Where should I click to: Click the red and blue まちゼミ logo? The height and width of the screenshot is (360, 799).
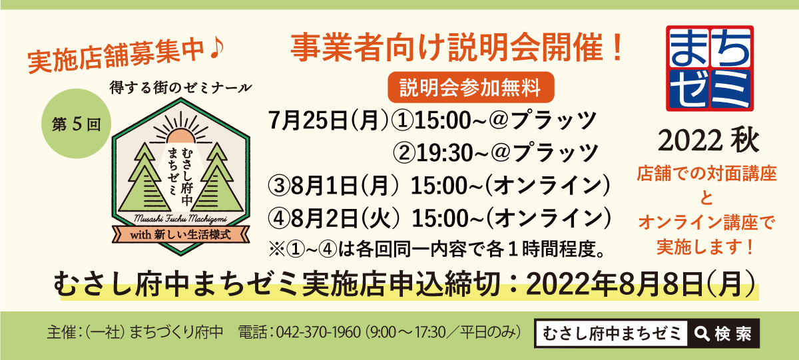(710, 68)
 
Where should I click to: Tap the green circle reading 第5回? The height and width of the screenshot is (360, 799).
(77, 124)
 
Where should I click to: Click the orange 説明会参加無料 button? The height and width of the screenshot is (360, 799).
(471, 87)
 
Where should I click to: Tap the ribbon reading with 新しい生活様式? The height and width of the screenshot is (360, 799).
(181, 235)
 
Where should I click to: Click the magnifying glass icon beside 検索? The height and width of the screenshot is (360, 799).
(702, 333)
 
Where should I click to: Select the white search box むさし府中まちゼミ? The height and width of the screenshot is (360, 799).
(611, 333)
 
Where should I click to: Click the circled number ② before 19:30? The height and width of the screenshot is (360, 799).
(403, 153)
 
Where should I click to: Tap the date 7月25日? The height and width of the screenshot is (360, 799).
(308, 120)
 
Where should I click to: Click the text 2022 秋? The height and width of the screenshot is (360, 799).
(708, 141)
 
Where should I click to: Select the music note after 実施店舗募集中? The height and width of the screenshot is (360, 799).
(216, 49)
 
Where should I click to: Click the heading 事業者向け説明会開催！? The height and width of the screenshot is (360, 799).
(457, 47)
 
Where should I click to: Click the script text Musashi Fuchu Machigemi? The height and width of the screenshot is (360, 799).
(180, 219)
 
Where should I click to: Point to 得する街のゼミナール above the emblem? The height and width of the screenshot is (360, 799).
(181, 87)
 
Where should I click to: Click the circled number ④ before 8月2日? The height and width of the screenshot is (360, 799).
(279, 218)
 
